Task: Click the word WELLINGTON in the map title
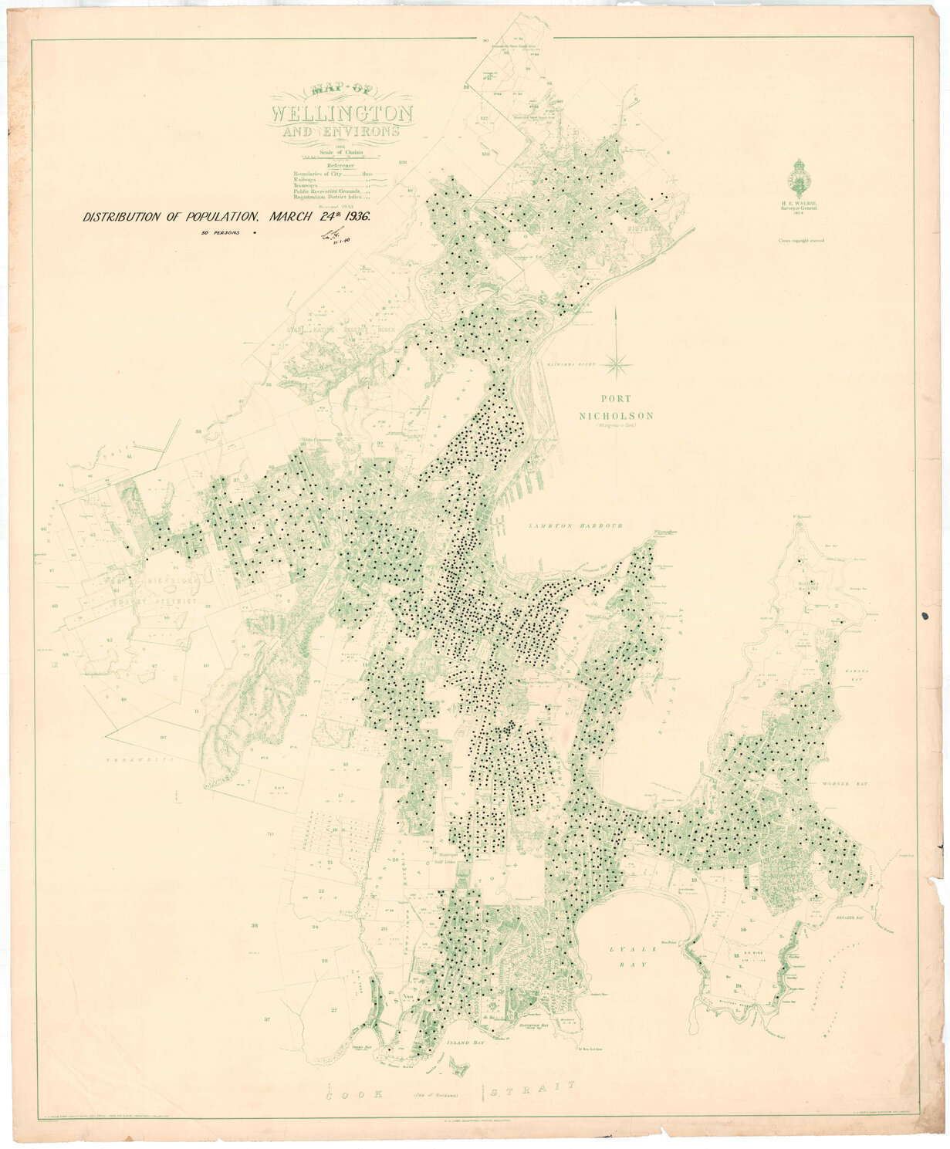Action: (x=342, y=115)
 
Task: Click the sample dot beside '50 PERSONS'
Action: (x=254, y=231)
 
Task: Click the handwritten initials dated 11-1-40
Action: (x=334, y=238)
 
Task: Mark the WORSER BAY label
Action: (x=846, y=783)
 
